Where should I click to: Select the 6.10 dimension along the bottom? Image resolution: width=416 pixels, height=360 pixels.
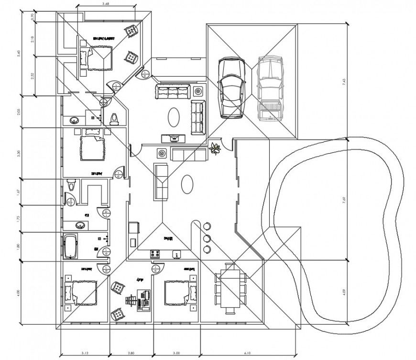click(247, 353)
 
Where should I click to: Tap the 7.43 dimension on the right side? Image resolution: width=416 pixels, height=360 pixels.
click(344, 82)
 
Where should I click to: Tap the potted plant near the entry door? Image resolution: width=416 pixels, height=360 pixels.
click(214, 148)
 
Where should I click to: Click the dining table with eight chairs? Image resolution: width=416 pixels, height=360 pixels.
click(231, 288)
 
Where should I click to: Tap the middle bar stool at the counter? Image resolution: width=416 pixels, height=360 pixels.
click(207, 237)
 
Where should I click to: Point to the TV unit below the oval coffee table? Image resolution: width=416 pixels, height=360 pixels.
click(174, 138)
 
